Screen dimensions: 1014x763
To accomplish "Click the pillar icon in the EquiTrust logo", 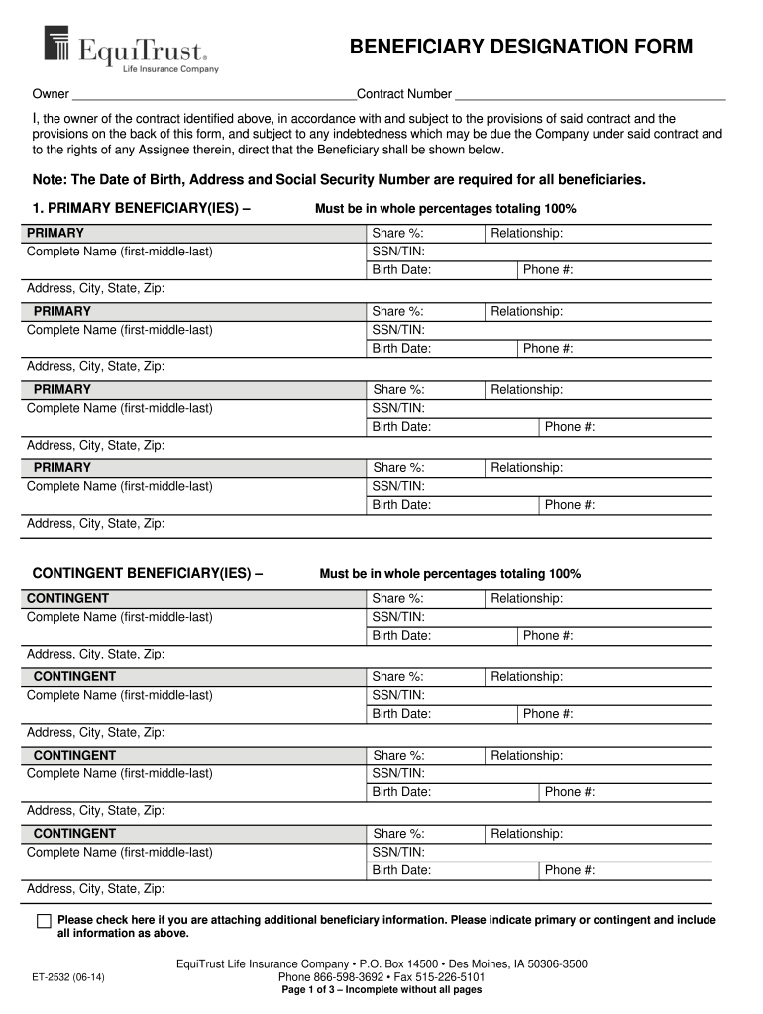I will [x=56, y=45].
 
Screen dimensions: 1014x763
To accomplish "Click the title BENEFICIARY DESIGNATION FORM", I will [x=520, y=48].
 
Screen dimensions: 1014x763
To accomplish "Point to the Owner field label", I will [x=51, y=95].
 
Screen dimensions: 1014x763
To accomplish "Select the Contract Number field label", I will [x=404, y=95].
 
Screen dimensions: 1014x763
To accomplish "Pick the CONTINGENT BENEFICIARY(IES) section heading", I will [x=148, y=574].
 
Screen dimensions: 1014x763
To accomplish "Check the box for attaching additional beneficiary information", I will [x=44, y=921].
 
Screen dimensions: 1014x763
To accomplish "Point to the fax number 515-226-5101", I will [x=452, y=976].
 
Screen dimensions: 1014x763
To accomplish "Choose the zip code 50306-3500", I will [x=553, y=963].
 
